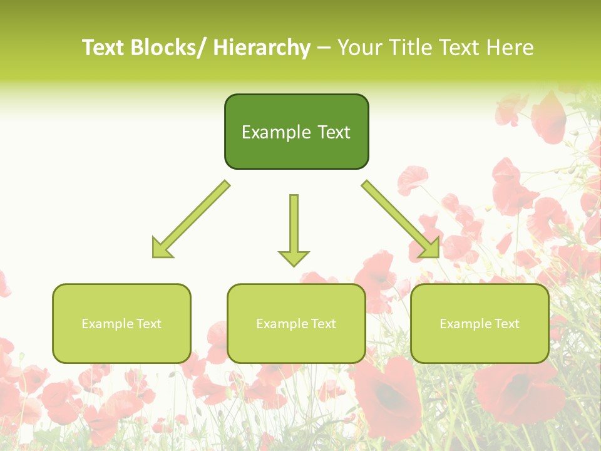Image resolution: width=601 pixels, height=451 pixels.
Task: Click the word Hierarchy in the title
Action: pos(262,48)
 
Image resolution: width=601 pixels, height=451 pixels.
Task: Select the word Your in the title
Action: pos(361,48)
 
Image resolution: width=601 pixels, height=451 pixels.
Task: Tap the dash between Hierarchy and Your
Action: pos(324,48)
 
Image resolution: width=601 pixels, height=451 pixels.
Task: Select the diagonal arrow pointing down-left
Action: pos(191,219)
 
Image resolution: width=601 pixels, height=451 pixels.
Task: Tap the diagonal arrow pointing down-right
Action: pos(401,219)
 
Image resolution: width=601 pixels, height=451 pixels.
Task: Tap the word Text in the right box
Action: pos(507,324)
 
